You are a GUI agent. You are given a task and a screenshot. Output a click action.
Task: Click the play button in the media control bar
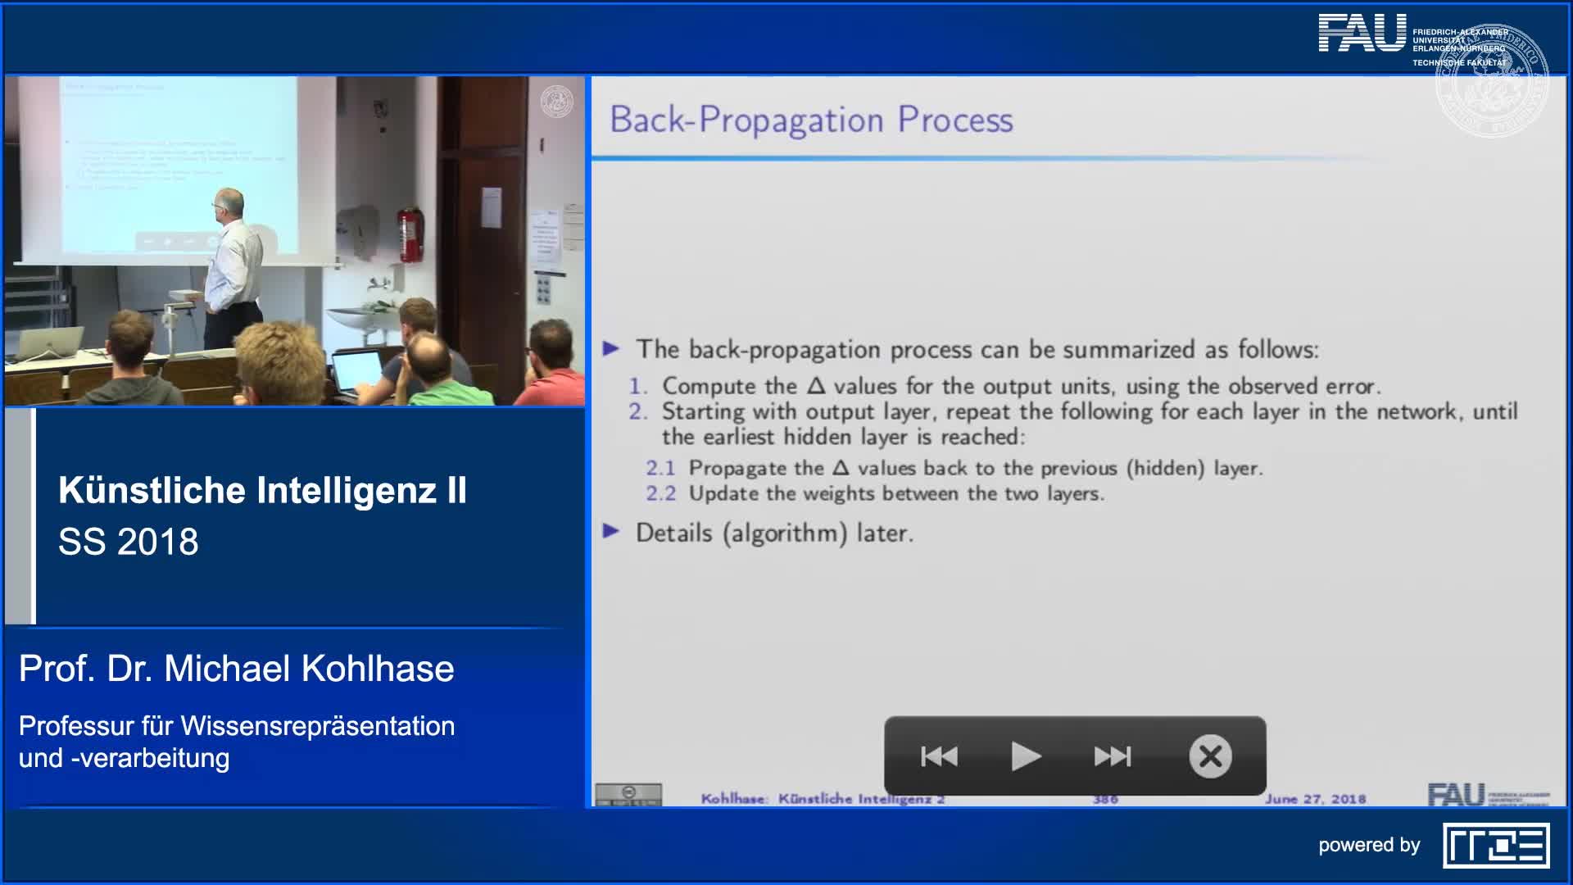(x=1026, y=756)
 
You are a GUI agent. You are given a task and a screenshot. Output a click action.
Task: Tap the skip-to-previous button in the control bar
(x=939, y=756)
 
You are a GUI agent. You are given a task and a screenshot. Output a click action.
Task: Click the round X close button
(x=1210, y=756)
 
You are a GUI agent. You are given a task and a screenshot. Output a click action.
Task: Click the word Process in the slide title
(x=955, y=120)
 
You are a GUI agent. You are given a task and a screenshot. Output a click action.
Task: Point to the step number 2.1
(x=660, y=468)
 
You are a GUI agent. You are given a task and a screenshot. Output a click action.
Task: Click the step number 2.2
(x=660, y=493)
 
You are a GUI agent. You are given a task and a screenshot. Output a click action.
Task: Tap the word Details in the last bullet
(x=674, y=533)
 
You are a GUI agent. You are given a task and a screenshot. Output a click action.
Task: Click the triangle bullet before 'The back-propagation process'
(x=611, y=349)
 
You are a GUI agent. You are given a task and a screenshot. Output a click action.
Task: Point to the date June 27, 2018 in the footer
(x=1315, y=799)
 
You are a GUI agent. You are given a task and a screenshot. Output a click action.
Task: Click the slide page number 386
(x=1105, y=799)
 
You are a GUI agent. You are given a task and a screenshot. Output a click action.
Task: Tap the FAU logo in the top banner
(x=1362, y=34)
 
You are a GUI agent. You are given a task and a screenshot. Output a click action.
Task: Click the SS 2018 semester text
(x=129, y=542)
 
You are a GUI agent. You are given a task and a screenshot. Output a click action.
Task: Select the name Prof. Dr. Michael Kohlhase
(x=236, y=669)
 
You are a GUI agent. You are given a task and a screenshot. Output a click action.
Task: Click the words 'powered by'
(x=1369, y=845)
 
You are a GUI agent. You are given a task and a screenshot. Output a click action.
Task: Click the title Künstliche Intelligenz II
(x=262, y=490)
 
